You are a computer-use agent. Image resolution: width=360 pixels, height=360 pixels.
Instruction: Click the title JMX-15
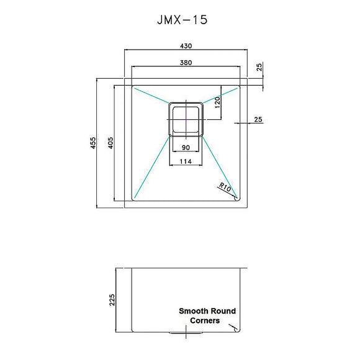182,19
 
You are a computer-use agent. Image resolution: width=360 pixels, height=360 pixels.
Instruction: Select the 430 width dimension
186,45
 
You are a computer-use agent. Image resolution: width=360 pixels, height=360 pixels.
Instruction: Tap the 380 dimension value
186,62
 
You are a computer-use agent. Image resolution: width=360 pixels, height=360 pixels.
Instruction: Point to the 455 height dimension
93,143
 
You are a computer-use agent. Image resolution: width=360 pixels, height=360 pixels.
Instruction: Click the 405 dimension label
109,143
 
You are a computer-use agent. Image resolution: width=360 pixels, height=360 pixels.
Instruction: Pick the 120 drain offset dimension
218,103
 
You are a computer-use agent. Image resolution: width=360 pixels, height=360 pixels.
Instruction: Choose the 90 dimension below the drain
185,148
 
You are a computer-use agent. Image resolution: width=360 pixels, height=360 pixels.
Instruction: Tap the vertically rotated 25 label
259,67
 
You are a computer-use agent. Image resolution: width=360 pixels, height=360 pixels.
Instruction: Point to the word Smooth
192,311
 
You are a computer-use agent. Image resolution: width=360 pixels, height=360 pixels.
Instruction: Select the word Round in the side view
223,311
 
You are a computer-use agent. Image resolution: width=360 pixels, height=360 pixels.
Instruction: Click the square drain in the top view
185,118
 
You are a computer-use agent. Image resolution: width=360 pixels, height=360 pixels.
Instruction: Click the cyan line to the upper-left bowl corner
151,95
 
